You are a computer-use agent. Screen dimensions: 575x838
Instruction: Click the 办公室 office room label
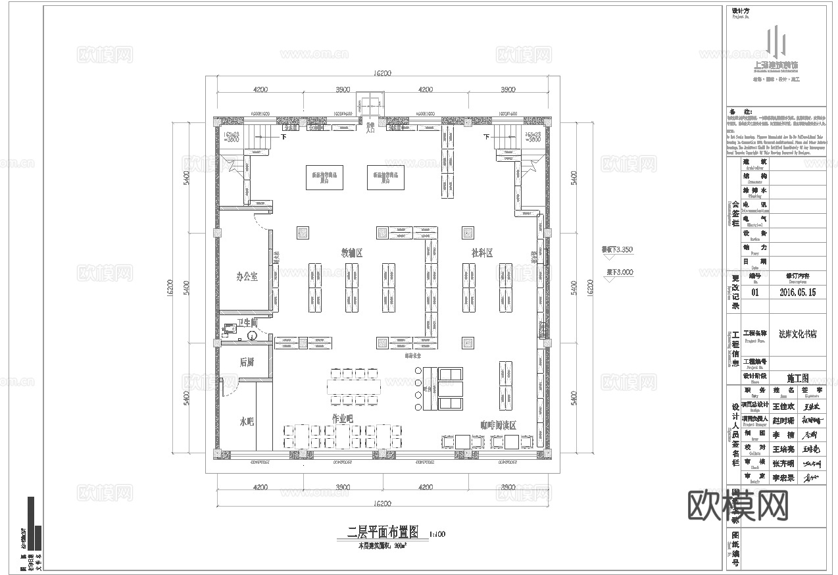tap(247, 276)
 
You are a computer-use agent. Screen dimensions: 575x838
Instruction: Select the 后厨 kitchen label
tap(247, 362)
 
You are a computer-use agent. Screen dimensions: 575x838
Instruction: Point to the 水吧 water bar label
tap(247, 421)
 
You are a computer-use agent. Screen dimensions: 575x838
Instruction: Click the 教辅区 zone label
tap(352, 253)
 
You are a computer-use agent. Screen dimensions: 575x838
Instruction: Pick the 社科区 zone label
tap(481, 253)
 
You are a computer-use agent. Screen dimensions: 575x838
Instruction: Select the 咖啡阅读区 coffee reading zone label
tap(497, 426)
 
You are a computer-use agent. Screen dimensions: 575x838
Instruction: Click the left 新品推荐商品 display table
tap(324, 176)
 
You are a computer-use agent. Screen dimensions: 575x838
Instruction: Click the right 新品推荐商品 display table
tap(385, 176)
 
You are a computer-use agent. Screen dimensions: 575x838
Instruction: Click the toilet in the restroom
tap(253, 335)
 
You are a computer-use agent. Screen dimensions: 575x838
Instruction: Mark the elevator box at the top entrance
tap(369, 104)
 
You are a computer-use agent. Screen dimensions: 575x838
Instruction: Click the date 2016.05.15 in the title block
tap(797, 292)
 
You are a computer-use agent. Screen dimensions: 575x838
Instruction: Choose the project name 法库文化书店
tap(797, 334)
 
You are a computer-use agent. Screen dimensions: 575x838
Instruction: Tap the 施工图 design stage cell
tap(797, 378)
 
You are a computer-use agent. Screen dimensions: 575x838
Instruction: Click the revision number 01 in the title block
tap(754, 292)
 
